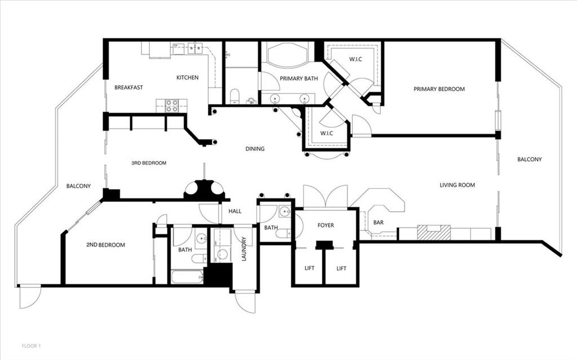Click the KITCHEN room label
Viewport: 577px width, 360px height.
coord(187,77)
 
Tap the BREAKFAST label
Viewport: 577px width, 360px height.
coord(128,87)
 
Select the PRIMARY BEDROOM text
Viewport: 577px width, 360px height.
coord(439,88)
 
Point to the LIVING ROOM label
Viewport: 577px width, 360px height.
coord(457,185)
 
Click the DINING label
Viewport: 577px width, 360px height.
coord(255,149)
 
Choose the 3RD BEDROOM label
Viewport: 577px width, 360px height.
coord(149,163)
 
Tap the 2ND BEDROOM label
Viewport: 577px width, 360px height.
coord(105,245)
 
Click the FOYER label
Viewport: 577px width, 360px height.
coord(326,225)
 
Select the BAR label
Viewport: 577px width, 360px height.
coord(378,223)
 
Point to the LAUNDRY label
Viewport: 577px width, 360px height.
coord(243,249)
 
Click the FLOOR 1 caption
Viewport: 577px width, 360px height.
coord(32,346)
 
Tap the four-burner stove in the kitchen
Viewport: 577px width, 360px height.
coord(171,106)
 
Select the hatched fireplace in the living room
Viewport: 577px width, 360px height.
coord(434,232)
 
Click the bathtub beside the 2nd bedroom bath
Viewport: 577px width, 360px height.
coord(187,277)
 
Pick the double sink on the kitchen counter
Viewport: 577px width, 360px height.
coord(195,47)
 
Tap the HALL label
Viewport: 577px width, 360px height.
coord(235,211)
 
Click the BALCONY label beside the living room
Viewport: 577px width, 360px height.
coord(530,159)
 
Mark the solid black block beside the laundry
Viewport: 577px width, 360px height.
coord(218,274)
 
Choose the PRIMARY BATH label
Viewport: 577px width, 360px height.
coord(299,78)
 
